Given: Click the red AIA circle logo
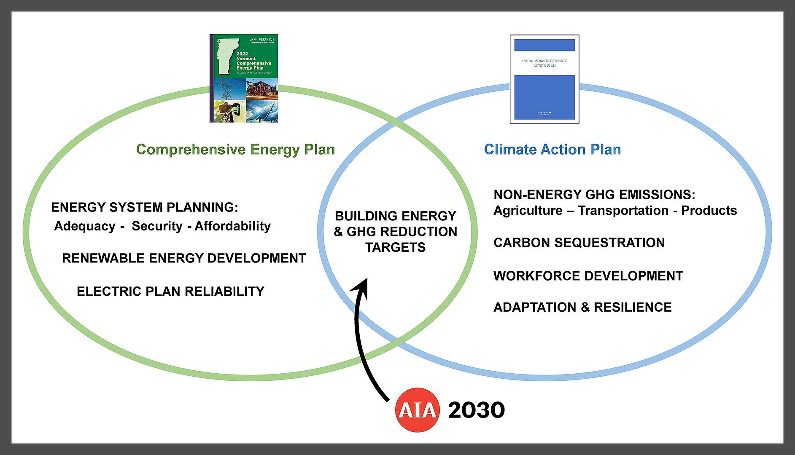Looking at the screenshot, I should coord(417,410).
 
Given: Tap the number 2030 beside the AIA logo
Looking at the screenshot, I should coord(476,410).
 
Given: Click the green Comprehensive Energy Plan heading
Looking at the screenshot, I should coord(235,150).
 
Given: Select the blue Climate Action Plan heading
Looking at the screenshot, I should coord(552,150).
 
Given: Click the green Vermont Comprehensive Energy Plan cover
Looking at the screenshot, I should coord(244,78).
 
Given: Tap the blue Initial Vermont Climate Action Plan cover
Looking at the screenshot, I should coord(544,79).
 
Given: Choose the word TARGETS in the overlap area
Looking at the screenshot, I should coord(395,247).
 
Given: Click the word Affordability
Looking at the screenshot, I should coord(232,226).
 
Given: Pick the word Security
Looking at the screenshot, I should coord(157,226).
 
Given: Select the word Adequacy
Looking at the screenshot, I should coord(85,226).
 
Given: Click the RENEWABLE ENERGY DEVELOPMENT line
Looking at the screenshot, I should coord(184,258).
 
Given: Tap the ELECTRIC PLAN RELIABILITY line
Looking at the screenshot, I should coord(170,292).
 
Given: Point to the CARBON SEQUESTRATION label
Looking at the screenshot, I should coord(579,243).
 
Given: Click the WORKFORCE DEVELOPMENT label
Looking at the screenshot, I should coord(588,276).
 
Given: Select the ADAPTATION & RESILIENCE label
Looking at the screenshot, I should coord(582,307).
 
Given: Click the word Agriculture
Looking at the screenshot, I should coord(528,211).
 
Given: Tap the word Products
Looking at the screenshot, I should coord(709,211).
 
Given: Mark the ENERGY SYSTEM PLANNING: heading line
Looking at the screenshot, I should coord(145,207).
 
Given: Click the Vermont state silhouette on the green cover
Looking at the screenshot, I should coord(226,55).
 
